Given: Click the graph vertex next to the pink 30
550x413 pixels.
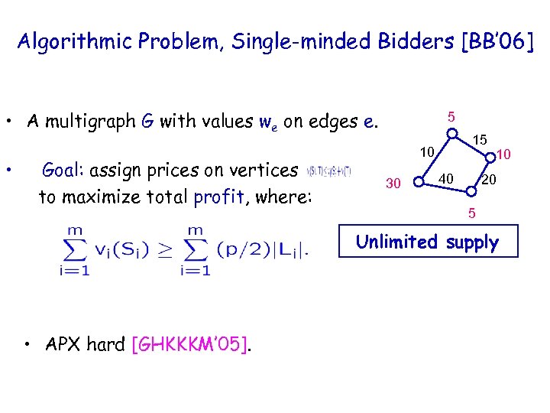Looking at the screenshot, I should [x=417, y=182].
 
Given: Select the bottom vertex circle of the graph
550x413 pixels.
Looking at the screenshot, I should [x=463, y=197].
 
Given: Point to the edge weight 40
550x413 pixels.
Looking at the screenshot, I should [x=446, y=178].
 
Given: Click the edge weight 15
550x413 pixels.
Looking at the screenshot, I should [x=480, y=141].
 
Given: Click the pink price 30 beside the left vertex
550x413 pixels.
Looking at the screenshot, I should [x=393, y=184].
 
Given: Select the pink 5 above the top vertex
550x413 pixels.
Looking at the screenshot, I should [x=452, y=117].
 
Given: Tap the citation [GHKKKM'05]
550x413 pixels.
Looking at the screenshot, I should [x=191, y=345].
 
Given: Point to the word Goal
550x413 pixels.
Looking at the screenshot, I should [x=63, y=170].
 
